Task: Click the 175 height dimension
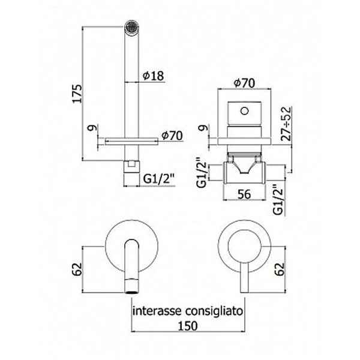click(x=77, y=94)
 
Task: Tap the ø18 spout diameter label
click(x=153, y=76)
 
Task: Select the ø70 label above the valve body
click(x=244, y=83)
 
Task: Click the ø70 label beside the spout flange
click(x=172, y=136)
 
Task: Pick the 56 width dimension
click(x=244, y=194)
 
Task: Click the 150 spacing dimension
click(x=188, y=326)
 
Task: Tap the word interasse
click(x=158, y=311)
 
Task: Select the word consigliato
click(x=214, y=312)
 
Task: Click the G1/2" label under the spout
click(x=159, y=179)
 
